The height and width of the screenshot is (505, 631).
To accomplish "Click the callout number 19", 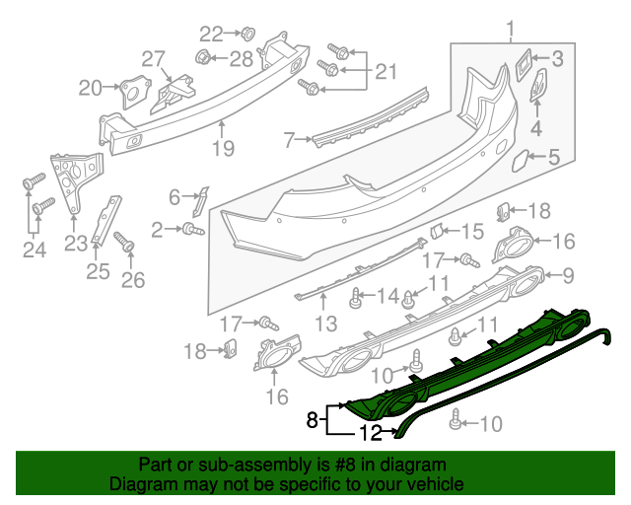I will coord(223,149).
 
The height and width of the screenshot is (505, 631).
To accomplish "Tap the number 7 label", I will coord(289,141).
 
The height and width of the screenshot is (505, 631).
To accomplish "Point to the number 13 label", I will coord(325,323).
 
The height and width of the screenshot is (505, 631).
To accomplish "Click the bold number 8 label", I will coord(312,419).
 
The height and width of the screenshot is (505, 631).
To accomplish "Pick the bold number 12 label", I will coord(369,432).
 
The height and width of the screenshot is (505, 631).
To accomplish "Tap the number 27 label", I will coord(154,59).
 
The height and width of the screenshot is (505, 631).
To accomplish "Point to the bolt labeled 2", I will coord(191,229).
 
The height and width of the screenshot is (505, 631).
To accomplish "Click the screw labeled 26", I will coord(124,241).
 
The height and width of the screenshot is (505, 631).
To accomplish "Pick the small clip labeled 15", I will coord(434,231).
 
